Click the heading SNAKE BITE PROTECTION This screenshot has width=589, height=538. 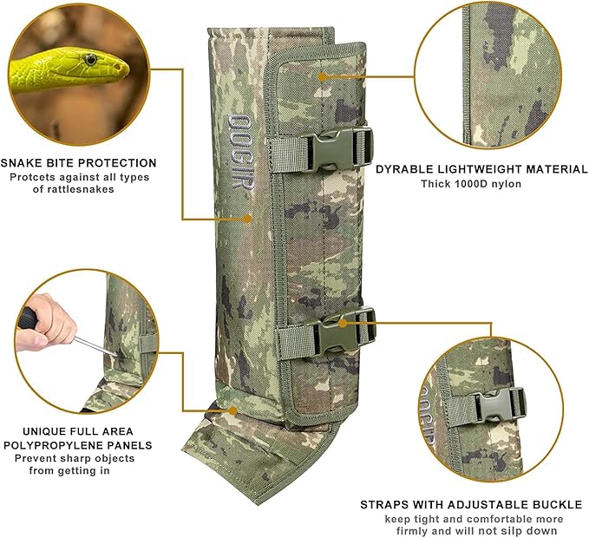[x=79, y=162]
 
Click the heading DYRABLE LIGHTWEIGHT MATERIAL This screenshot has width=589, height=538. [x=481, y=169]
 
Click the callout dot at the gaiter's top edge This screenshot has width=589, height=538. [x=321, y=76]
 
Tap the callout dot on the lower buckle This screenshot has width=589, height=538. [x=343, y=323]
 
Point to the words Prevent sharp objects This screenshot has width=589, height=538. [x=79, y=458]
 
